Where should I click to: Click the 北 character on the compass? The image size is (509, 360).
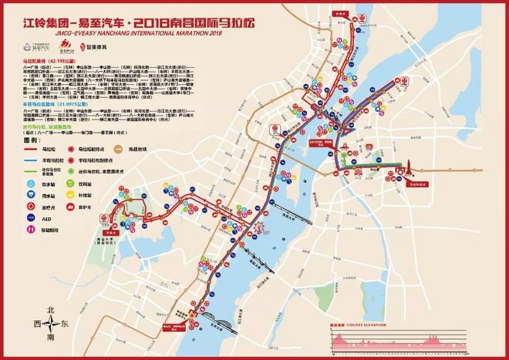point(51,309)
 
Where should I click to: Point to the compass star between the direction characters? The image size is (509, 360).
point(51,325)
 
